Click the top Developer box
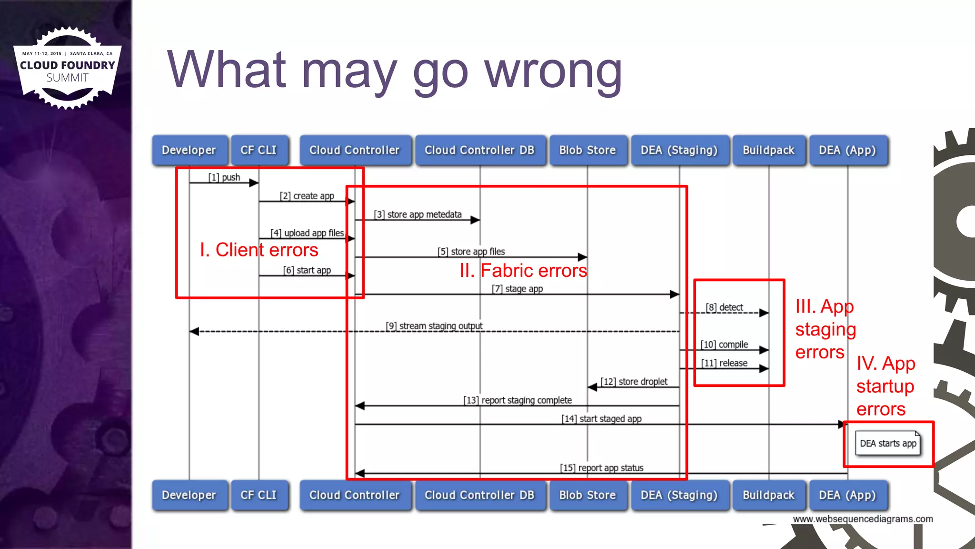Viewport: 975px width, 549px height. click(x=189, y=150)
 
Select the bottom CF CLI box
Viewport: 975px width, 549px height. click(x=259, y=495)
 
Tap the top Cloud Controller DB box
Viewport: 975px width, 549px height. click(x=479, y=150)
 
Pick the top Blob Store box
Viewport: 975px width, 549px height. click(x=587, y=150)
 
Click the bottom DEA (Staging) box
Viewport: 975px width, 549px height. click(x=679, y=495)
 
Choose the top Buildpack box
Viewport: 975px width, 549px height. click(x=768, y=150)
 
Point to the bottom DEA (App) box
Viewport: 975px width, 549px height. click(x=847, y=495)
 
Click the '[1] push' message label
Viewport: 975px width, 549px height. click(x=224, y=177)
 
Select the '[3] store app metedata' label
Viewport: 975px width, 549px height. click(x=418, y=214)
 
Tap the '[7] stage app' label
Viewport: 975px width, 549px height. click(x=517, y=289)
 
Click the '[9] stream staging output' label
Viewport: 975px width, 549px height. click(x=434, y=326)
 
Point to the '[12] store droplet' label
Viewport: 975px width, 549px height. click(x=634, y=382)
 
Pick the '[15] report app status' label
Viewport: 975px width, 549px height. click(x=602, y=468)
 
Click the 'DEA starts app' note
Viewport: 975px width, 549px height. click(x=888, y=444)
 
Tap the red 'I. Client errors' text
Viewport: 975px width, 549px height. click(x=259, y=250)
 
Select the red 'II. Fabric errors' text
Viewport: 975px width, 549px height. click(x=523, y=271)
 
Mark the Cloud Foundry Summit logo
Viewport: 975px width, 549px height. click(x=67, y=68)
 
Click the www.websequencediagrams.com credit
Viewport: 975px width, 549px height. click(x=863, y=519)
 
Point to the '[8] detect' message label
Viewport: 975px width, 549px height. click(x=724, y=307)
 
